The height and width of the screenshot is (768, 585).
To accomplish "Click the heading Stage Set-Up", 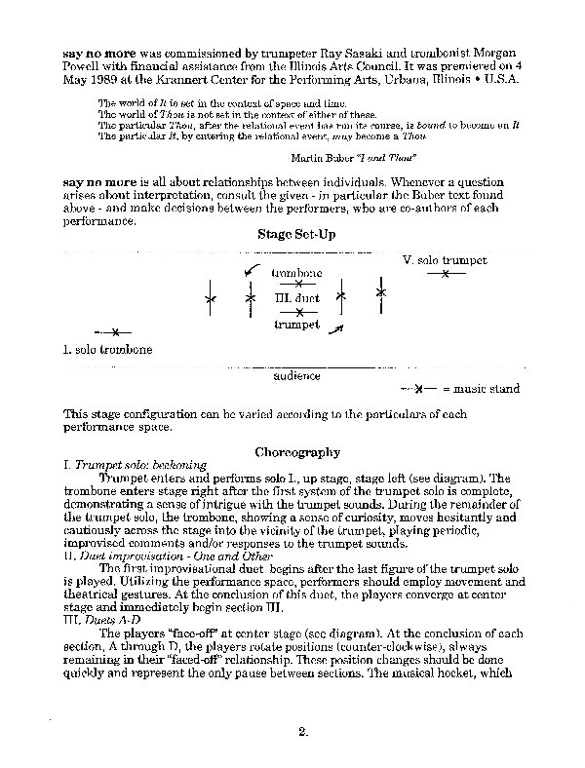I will [296, 236].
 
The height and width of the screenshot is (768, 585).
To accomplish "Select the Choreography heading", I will [296, 452].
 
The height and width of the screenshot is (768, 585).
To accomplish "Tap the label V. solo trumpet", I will [444, 261].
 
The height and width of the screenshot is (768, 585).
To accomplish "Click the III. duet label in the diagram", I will [298, 297].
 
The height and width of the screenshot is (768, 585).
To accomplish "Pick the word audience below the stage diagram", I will [297, 374].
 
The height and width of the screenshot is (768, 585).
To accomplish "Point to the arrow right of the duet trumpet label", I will [337, 330].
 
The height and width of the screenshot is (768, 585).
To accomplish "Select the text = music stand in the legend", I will [481, 389].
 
